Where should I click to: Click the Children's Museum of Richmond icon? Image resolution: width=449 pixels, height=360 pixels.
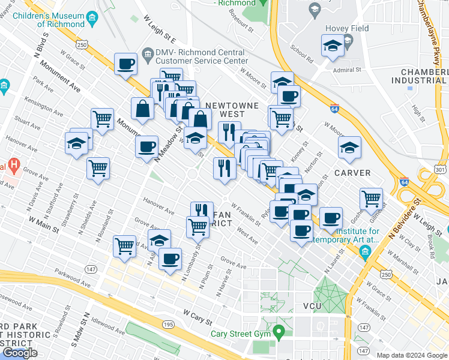click(92, 15)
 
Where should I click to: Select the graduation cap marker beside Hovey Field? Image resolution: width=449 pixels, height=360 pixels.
click(332, 47)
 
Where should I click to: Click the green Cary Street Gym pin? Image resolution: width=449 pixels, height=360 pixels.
click(278, 331)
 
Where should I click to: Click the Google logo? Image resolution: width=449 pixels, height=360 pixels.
click(19, 353)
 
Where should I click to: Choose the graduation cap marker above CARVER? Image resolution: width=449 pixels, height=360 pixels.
click(349, 146)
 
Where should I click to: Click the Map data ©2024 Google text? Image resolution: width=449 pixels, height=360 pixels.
click(411, 355)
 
